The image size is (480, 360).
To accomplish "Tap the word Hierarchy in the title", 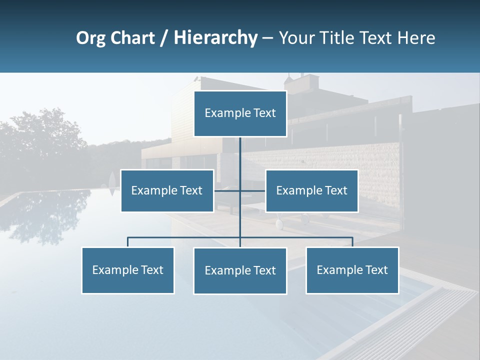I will [215, 38].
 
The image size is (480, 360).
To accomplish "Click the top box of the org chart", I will [240, 113].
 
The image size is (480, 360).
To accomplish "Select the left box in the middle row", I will [167, 190].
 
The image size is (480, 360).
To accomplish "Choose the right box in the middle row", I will [311, 190].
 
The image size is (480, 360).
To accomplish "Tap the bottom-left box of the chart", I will [128, 270].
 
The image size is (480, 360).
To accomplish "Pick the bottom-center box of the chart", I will [240, 270].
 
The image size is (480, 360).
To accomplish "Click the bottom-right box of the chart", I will [352, 270].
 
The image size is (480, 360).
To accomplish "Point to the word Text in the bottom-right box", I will [376, 270].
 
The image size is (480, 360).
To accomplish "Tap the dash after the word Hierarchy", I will [267, 38].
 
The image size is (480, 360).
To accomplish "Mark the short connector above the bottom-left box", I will [128, 242].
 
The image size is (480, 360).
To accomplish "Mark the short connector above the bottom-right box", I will [352, 242].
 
